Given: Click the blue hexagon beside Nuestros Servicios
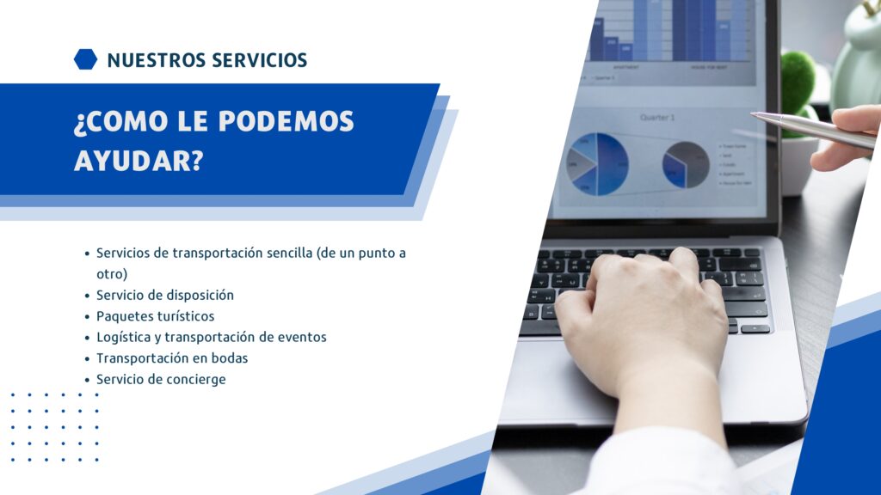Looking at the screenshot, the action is pyautogui.click(x=85, y=59).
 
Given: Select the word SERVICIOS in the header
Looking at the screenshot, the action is pyautogui.click(x=260, y=60).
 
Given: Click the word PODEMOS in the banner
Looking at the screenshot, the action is pyautogui.click(x=286, y=121).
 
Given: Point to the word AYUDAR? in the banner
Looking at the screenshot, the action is pyautogui.click(x=139, y=161).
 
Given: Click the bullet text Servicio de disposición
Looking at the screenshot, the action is pyautogui.click(x=165, y=296).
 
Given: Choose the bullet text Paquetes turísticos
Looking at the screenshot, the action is pyautogui.click(x=156, y=316).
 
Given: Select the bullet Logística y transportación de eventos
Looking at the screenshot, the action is pyautogui.click(x=212, y=337).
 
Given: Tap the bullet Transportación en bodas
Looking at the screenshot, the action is pyautogui.click(x=172, y=358).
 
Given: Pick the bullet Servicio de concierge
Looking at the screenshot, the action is pyautogui.click(x=161, y=379).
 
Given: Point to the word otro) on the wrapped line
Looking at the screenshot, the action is pyautogui.click(x=112, y=274).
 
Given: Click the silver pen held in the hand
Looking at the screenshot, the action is pyautogui.click(x=814, y=130).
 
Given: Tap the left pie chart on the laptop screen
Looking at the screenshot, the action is pyautogui.click(x=597, y=163).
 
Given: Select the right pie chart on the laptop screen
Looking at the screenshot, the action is pyautogui.click(x=686, y=164).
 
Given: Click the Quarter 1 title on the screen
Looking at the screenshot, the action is pyautogui.click(x=656, y=117).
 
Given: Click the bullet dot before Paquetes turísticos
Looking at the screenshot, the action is pyautogui.click(x=87, y=317).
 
